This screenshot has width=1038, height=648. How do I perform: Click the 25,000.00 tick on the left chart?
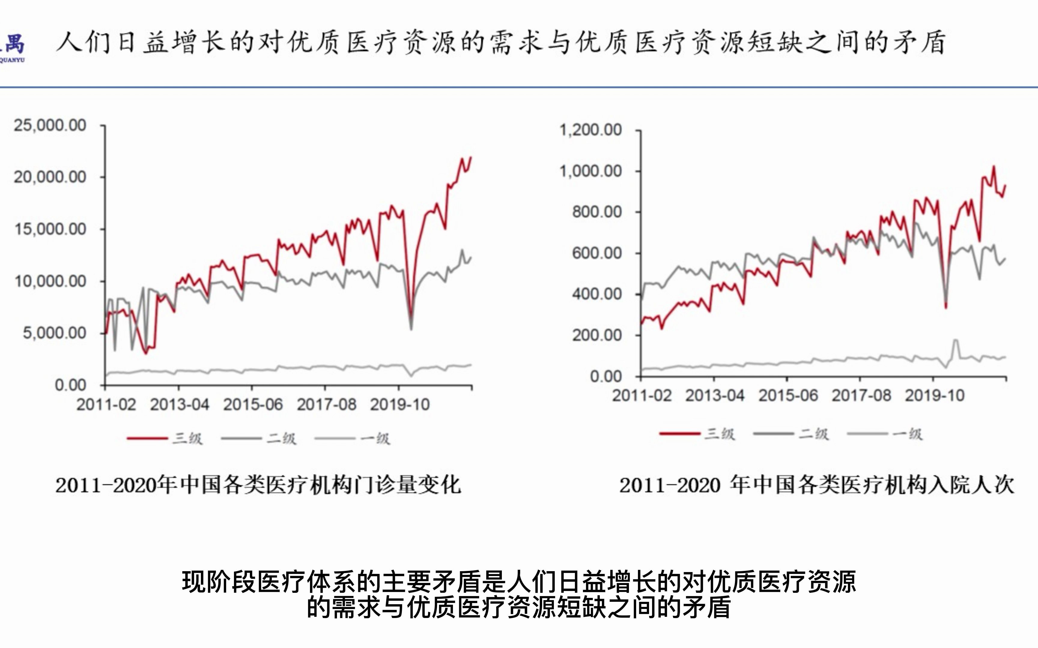(x=50, y=125)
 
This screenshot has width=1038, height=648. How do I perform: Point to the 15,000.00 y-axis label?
(x=50, y=229)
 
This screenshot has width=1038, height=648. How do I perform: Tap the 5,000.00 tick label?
(x=54, y=333)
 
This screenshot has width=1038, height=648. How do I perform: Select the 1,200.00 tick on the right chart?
(x=590, y=129)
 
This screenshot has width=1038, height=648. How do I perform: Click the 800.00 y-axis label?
(x=596, y=212)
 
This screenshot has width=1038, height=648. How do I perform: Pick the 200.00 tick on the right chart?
(x=596, y=335)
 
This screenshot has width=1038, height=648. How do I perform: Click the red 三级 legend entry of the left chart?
(x=165, y=438)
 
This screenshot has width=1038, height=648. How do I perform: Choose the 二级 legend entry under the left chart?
(x=259, y=438)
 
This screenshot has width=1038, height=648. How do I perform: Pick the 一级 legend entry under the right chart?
(x=885, y=434)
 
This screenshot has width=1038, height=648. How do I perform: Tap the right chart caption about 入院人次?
(x=816, y=485)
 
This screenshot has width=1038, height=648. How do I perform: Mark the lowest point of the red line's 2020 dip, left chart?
(x=411, y=316)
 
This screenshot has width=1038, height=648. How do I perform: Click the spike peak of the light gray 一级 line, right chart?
(x=956, y=340)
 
